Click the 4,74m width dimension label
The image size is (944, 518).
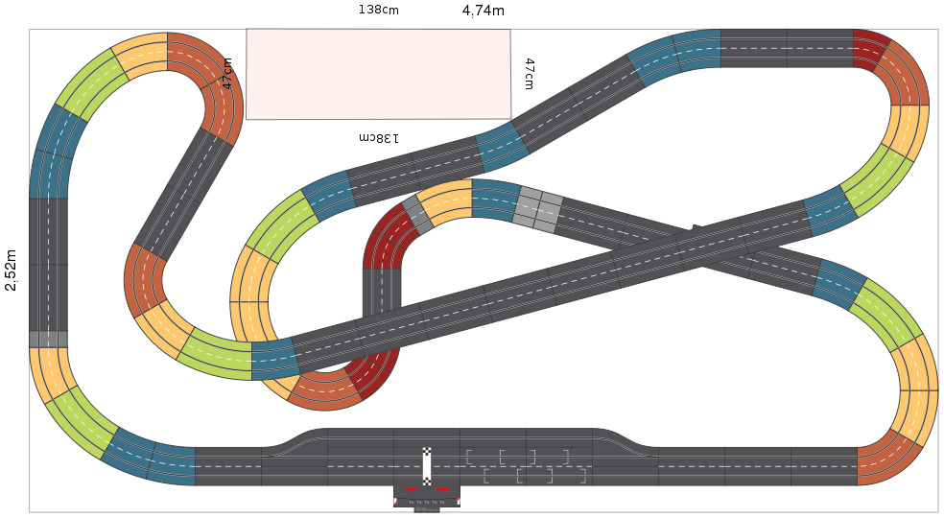(483, 11)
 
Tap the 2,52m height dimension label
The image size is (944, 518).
(11, 270)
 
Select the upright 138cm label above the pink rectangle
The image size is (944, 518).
(378, 10)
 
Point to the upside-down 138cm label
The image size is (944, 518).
(379, 138)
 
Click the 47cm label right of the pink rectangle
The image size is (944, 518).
(529, 74)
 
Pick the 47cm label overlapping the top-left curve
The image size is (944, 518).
(227, 74)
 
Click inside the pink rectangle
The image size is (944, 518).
(378, 74)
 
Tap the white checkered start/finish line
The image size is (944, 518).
(427, 466)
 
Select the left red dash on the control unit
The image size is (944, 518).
(412, 489)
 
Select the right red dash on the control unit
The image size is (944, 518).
(442, 489)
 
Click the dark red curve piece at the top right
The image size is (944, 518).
(870, 49)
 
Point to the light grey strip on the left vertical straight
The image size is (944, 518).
(48, 340)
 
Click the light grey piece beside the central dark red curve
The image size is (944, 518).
(417, 215)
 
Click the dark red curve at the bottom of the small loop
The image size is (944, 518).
(373, 373)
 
